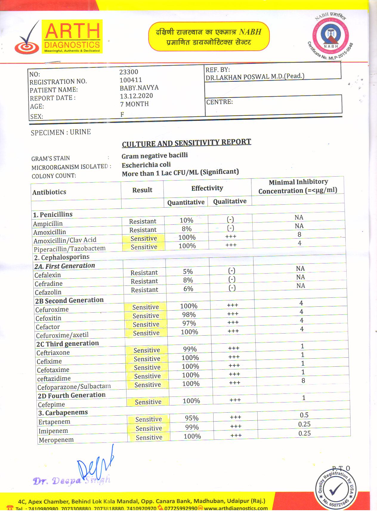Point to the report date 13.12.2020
(136, 96)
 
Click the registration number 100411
(131, 80)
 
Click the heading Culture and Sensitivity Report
(186, 143)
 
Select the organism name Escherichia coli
(146, 165)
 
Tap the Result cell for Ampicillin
(143, 221)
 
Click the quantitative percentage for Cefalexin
(188, 271)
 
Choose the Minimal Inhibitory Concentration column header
(298, 186)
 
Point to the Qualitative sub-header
(230, 201)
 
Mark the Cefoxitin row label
(48, 318)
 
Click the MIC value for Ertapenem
(304, 415)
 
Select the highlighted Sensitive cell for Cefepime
(148, 402)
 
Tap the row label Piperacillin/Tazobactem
(69, 249)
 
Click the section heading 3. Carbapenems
(63, 413)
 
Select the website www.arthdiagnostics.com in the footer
(236, 508)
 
